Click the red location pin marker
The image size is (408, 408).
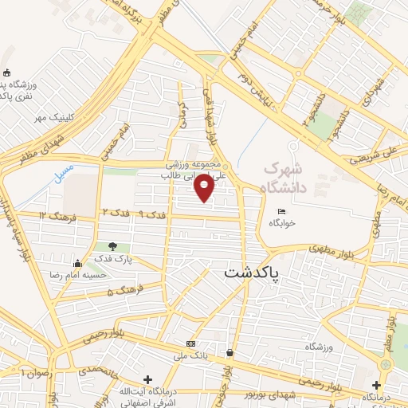(x=205, y=188)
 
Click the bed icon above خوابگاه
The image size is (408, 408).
(x=280, y=211)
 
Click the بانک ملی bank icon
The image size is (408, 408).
(x=190, y=343)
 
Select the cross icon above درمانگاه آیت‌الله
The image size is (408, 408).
(x=146, y=379)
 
